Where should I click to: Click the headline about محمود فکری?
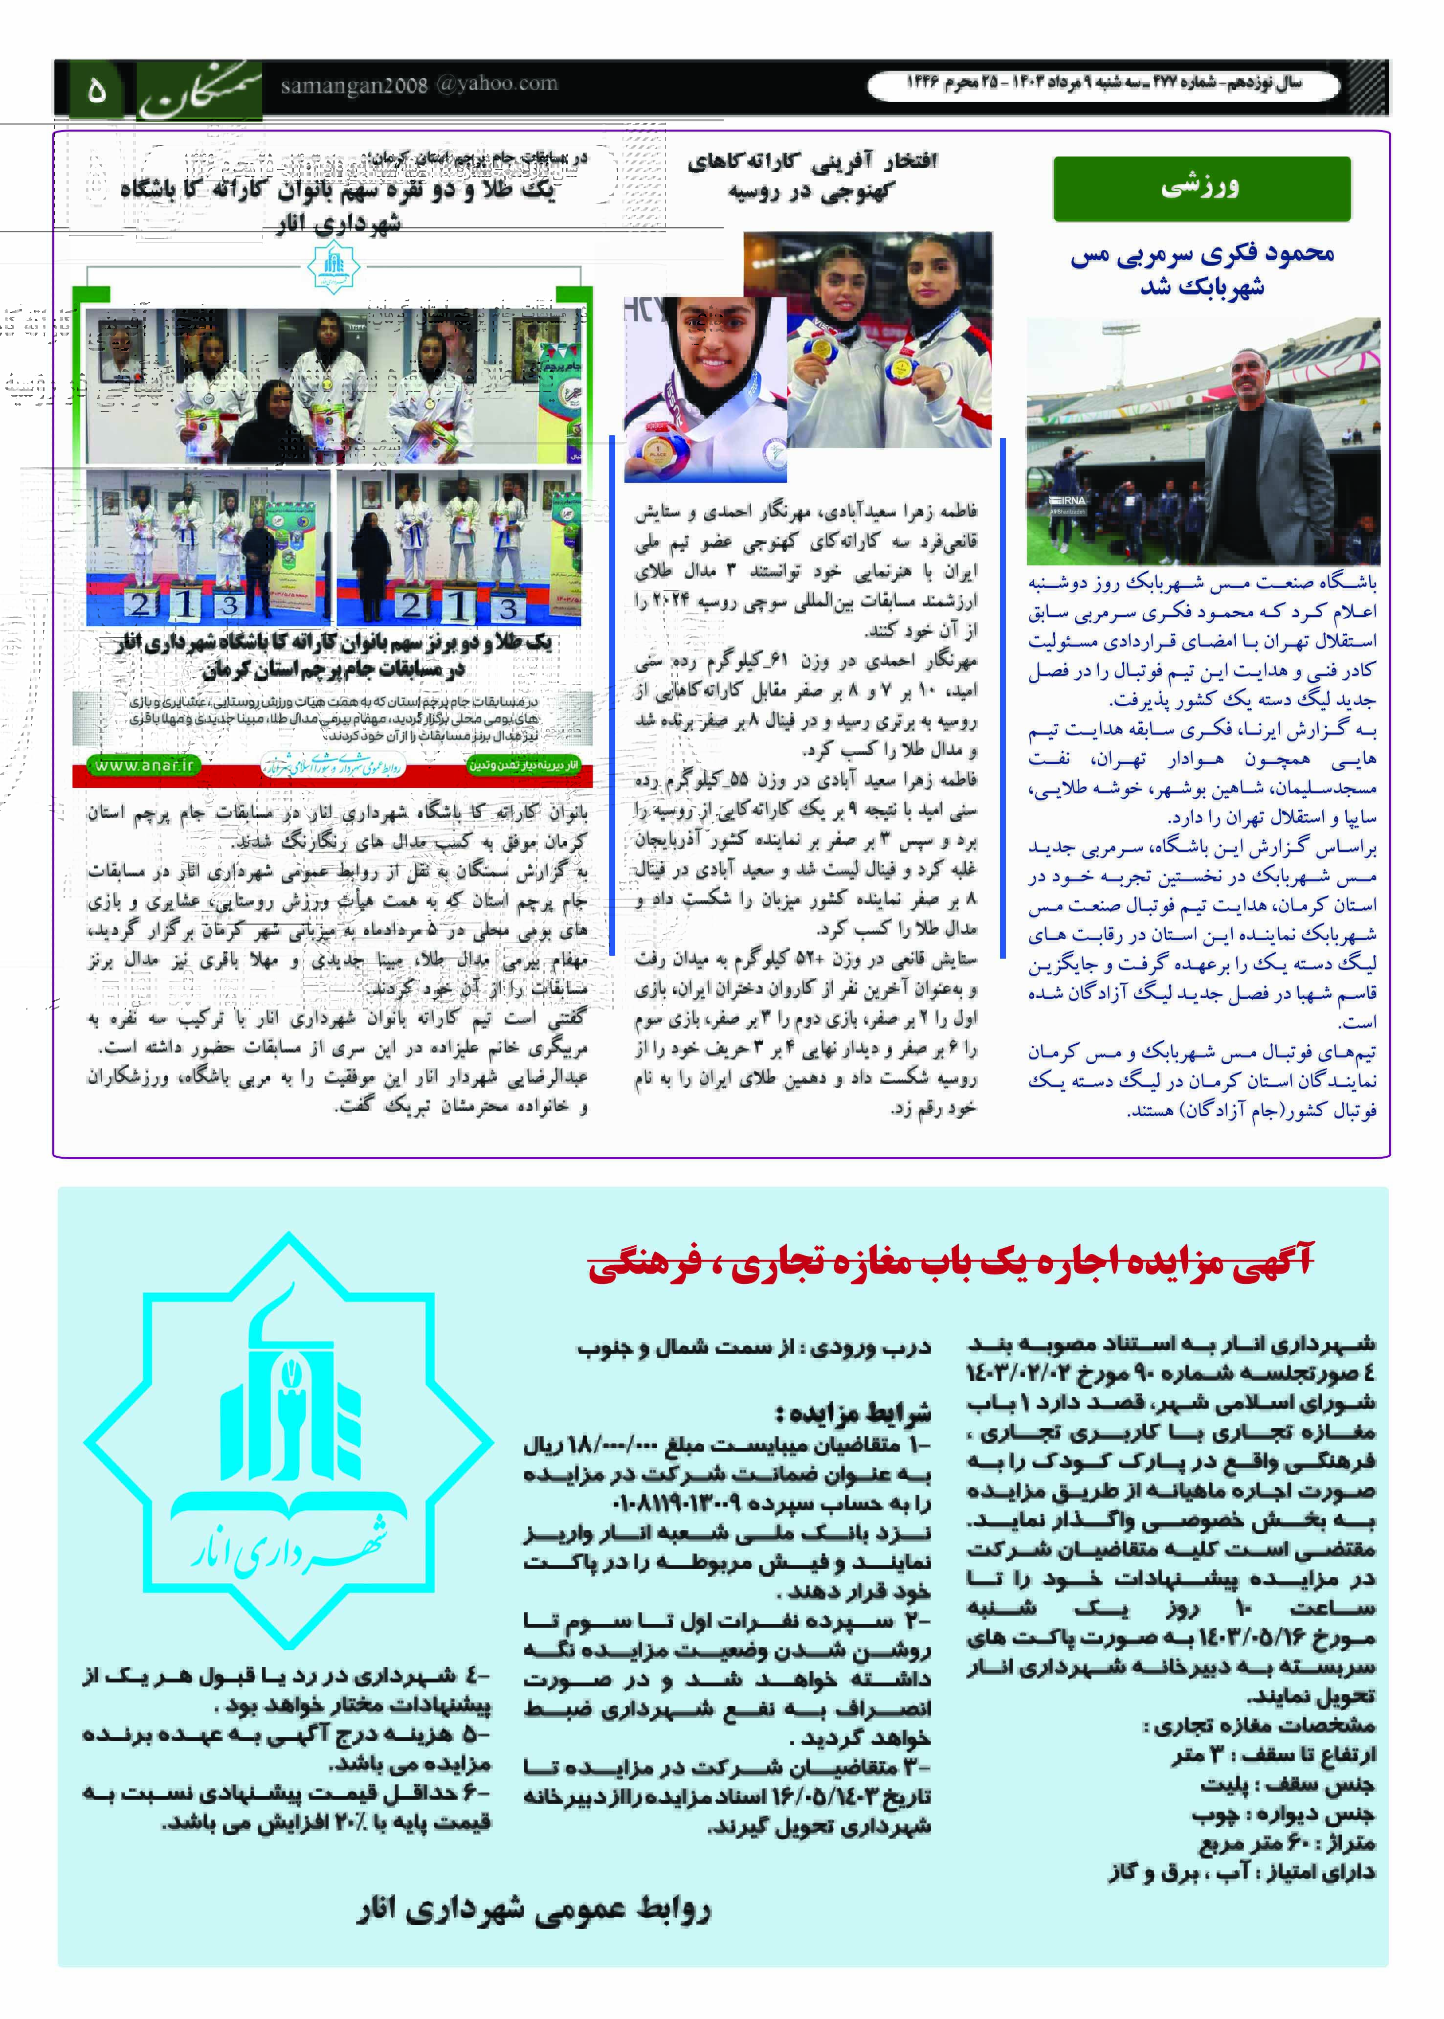(1201, 269)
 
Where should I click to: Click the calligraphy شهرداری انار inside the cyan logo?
(289, 1549)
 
